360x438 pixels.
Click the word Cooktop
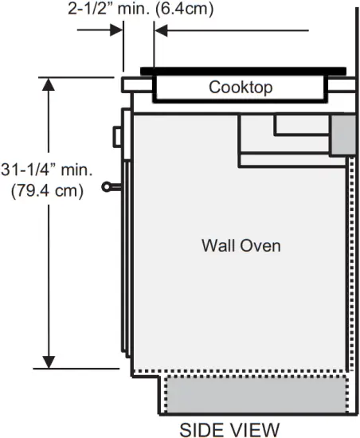pyautogui.click(x=241, y=87)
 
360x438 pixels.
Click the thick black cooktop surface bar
pyautogui.click(x=243, y=70)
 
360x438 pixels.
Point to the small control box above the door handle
pyautogui.click(x=118, y=137)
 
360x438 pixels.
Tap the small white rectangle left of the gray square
pyautogui.click(x=301, y=124)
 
